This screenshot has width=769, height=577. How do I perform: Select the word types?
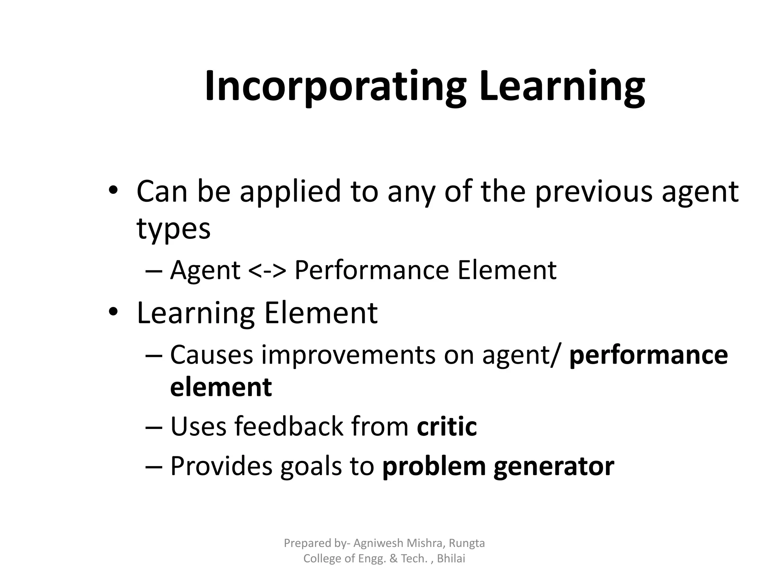point(173,229)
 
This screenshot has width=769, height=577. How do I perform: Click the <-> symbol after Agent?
point(267,270)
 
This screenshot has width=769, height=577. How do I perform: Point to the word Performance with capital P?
point(372,270)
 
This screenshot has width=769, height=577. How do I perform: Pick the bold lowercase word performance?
point(648,355)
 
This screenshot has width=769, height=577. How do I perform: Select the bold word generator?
point(554,467)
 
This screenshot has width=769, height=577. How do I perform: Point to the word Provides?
point(221,466)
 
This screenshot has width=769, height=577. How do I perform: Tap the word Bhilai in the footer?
point(451,559)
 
